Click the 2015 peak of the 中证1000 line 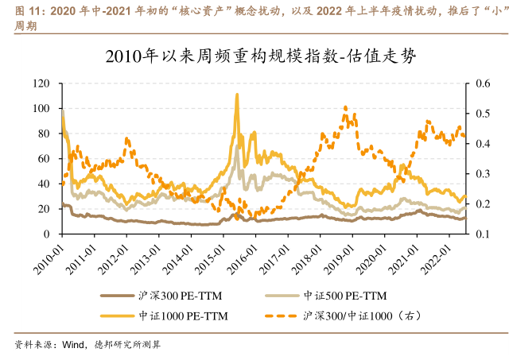pos(237,95)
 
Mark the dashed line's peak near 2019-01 pos(344,107)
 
